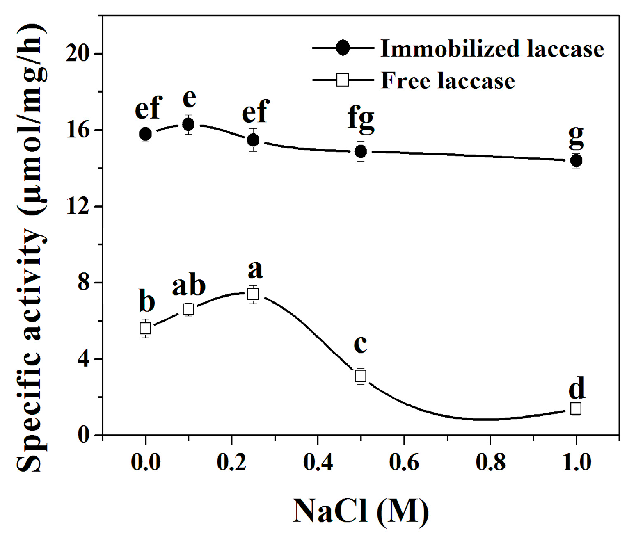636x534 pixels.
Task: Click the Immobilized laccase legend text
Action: click(492, 49)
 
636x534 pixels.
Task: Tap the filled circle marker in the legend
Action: click(343, 48)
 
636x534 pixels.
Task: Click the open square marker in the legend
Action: click(343, 80)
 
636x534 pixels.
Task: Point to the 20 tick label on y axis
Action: click(78, 54)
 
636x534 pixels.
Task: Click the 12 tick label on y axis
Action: click(78, 206)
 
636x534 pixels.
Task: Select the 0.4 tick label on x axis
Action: click(318, 462)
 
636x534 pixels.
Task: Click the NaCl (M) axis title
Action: click(361, 511)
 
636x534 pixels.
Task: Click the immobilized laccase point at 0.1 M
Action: click(188, 124)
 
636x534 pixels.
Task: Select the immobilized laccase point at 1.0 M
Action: click(576, 160)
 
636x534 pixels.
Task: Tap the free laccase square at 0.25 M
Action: click(253, 294)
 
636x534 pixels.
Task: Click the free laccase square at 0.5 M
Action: click(361, 375)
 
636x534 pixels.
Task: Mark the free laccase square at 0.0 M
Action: click(145, 328)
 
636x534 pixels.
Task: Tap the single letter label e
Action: click(189, 98)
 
